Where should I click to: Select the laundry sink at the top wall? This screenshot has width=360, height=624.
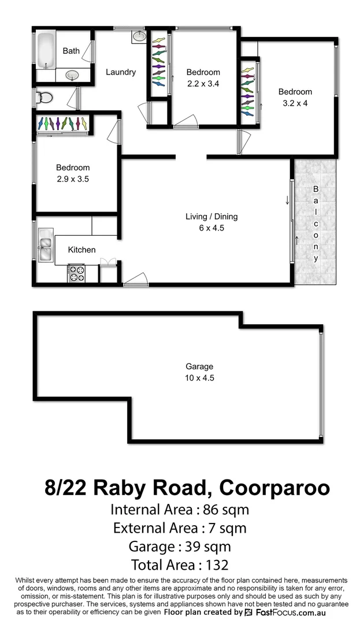139,37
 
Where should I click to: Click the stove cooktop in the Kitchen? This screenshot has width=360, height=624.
76,273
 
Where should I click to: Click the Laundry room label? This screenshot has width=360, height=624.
121,72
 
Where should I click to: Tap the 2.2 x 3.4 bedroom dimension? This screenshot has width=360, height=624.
203,83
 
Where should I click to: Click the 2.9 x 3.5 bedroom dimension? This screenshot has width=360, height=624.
72,179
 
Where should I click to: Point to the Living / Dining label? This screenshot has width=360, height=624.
211,217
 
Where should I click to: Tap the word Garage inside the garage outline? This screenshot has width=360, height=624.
199,366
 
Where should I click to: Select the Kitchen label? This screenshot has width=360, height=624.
81,250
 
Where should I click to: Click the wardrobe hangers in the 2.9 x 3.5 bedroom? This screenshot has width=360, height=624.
62,124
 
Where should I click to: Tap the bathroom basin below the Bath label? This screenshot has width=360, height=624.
72,75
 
